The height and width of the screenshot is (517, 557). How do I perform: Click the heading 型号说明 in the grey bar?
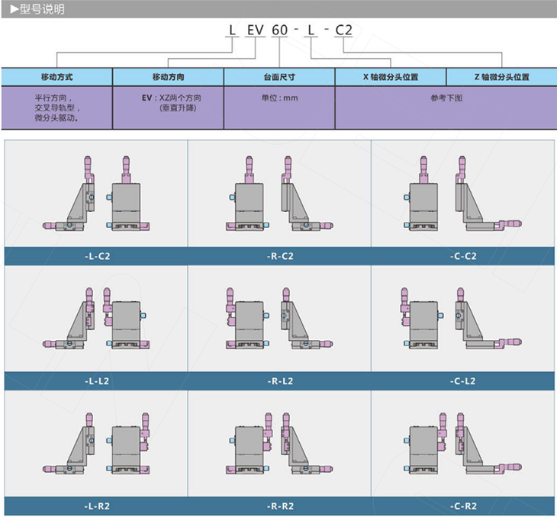click(41, 9)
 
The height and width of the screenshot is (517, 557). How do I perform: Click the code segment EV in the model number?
click(256, 31)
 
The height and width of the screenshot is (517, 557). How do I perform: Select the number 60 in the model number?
click(279, 31)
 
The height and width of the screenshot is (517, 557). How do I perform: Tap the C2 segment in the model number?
click(343, 31)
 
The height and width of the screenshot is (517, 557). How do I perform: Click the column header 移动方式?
click(56, 77)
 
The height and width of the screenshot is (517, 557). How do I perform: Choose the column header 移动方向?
click(169, 77)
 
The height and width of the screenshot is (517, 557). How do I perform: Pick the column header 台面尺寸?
click(279, 77)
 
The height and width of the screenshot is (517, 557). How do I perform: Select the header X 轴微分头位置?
click(391, 77)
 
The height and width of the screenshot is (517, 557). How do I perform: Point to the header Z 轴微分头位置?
click(501, 77)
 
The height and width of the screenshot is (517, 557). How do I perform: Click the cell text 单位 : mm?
click(279, 98)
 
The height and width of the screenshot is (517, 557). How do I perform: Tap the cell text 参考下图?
click(446, 98)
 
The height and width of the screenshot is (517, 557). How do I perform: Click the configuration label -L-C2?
click(98, 256)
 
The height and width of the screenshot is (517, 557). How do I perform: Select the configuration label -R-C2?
click(280, 256)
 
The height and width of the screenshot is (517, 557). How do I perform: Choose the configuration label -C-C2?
click(463, 256)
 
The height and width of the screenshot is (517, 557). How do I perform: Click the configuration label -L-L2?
click(97, 381)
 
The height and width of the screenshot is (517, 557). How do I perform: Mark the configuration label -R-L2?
click(280, 381)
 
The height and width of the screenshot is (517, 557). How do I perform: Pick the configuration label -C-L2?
click(462, 381)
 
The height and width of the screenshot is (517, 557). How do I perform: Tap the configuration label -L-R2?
click(97, 506)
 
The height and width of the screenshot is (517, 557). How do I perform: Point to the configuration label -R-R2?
click(280, 506)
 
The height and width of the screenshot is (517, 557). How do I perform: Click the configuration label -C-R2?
click(463, 506)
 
